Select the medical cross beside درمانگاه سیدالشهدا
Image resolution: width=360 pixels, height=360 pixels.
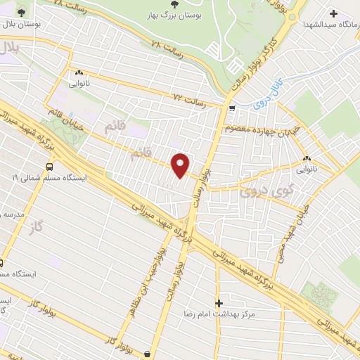click(x=333, y=13)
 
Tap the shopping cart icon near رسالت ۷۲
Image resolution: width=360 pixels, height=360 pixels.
click(x=232, y=108)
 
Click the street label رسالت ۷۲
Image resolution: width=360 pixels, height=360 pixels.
click(x=190, y=101)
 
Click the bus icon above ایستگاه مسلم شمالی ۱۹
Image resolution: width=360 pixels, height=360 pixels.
click(x=49, y=167)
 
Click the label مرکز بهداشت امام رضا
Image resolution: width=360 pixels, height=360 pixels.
click(x=217, y=314)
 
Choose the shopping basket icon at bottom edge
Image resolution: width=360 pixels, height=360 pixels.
click(x=146, y=353)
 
